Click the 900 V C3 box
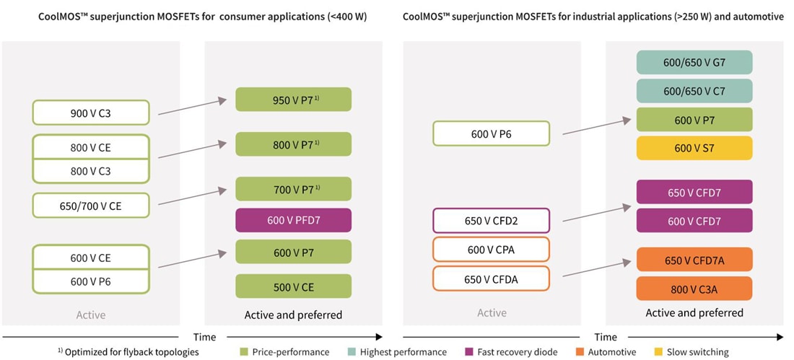pyautogui.click(x=91, y=113)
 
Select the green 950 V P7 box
pyautogui.click(x=293, y=100)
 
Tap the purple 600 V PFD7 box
pyautogui.click(x=293, y=220)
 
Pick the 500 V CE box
pyautogui.click(x=293, y=286)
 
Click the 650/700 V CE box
pyautogui.click(x=91, y=205)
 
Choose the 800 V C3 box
pyautogui.click(x=91, y=171)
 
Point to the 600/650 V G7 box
pyautogui.click(x=694, y=62)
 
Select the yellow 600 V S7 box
pyautogui.click(x=694, y=148)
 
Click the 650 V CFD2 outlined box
pyautogui.click(x=492, y=220)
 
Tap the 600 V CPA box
pyautogui.click(x=492, y=249)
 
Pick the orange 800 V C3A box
pyautogui.click(x=694, y=289)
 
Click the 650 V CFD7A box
pyautogui.click(x=694, y=260)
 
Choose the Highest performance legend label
pyautogui.click(x=403, y=352)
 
